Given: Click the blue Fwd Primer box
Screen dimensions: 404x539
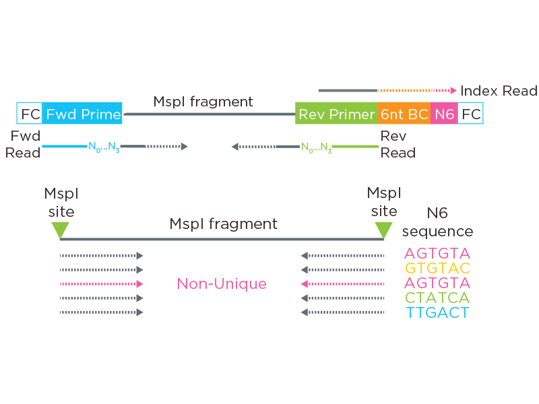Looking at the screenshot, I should pyautogui.click(x=82, y=114).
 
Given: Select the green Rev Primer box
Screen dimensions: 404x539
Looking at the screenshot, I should pyautogui.click(x=336, y=114).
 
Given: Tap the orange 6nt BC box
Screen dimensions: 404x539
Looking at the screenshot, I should pyautogui.click(x=404, y=114).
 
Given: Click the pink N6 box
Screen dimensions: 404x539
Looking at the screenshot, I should pyautogui.click(x=444, y=114).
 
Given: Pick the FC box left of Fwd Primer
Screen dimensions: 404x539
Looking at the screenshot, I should pyautogui.click(x=30, y=114).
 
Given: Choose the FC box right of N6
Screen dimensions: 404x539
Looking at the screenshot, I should pyautogui.click(x=470, y=114).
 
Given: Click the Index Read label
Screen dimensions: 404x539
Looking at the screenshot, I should pyautogui.click(x=499, y=90).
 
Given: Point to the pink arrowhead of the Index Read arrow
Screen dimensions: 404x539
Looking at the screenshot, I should pyautogui.click(x=453, y=90).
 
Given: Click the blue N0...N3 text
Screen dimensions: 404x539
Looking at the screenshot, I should pyautogui.click(x=104, y=147).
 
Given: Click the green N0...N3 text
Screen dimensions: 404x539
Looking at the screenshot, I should pyautogui.click(x=316, y=147).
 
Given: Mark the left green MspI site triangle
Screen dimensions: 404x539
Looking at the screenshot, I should pyautogui.click(x=60, y=230).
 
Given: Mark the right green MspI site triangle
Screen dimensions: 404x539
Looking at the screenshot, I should pyautogui.click(x=383, y=230).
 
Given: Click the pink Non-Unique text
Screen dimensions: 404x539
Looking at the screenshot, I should pyautogui.click(x=222, y=284).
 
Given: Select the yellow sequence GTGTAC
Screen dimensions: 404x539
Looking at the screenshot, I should pyautogui.click(x=437, y=269).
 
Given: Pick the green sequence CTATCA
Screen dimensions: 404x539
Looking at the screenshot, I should pyautogui.click(x=437, y=298).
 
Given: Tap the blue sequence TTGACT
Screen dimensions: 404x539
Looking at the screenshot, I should pyautogui.click(x=437, y=312).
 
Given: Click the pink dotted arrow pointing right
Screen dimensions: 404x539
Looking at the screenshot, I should pyautogui.click(x=101, y=284).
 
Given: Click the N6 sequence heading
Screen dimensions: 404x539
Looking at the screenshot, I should pyautogui.click(x=437, y=223).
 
